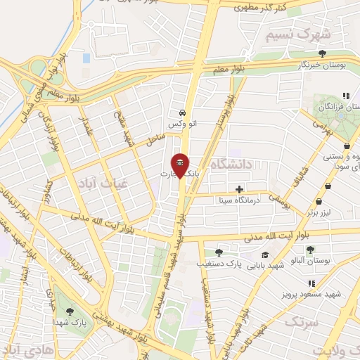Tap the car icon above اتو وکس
[x=181, y=112]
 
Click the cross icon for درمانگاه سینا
[x=240, y=189]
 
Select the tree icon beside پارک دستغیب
[x=219, y=251]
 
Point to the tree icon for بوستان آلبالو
[x=310, y=250]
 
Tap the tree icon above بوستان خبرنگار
[x=322, y=53]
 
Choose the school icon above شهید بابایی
[x=264, y=255]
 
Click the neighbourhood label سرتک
[x=302, y=321]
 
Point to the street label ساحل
[x=155, y=140]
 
